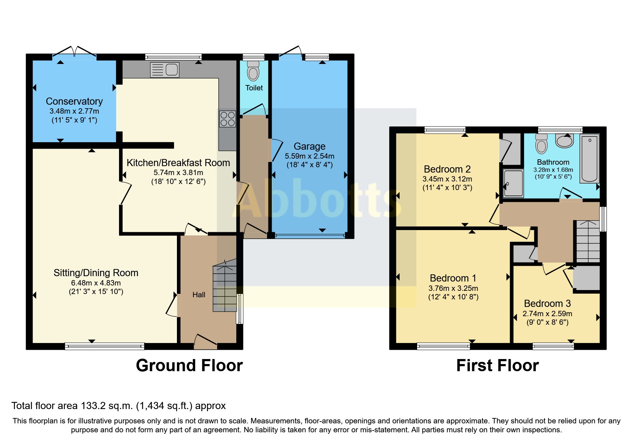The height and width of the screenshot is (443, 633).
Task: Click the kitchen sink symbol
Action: pyautogui.click(x=164, y=70)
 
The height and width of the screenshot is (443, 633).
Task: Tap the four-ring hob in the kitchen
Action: pyautogui.click(x=228, y=119)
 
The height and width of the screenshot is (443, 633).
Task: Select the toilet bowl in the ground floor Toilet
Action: pyautogui.click(x=253, y=72)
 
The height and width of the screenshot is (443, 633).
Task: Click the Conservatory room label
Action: pyautogui.click(x=74, y=101)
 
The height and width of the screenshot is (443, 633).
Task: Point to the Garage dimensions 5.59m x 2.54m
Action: pyautogui.click(x=310, y=156)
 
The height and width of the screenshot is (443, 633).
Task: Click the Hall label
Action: pyautogui.click(x=199, y=295)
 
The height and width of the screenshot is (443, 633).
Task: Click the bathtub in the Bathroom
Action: pyautogui.click(x=589, y=158)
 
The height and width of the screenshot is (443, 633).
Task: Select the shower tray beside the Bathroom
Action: pyautogui.click(x=513, y=183)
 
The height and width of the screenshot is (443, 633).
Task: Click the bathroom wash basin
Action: pyautogui.click(x=564, y=141)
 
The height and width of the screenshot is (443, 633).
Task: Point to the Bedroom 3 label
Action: pyautogui.click(x=547, y=304)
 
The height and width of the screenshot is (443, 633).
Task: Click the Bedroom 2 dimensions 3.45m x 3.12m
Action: pyautogui.click(x=447, y=179)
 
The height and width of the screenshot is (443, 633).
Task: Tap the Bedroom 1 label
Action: pyautogui.click(x=453, y=278)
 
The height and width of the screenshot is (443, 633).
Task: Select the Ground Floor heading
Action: pyautogui.click(x=189, y=366)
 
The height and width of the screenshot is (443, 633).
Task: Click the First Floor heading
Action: pyautogui.click(x=498, y=366)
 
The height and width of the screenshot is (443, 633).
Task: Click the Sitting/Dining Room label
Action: pyautogui.click(x=96, y=273)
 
